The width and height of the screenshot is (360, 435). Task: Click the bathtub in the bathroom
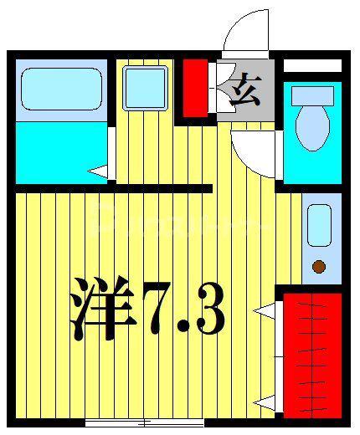61,89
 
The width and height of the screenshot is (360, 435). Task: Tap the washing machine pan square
145,88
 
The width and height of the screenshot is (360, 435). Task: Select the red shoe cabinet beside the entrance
195,88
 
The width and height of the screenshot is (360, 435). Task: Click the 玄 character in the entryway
245,90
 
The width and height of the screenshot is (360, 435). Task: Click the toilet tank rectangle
312,96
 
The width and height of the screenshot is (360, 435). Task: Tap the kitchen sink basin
319,225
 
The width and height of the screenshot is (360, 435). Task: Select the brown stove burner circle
319,267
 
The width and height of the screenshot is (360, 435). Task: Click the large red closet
312,356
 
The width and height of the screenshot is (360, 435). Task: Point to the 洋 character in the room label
103,309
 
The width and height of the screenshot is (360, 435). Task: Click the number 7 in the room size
157,308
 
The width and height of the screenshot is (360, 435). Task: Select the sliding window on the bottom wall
145,424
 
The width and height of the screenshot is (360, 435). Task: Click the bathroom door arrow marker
98,171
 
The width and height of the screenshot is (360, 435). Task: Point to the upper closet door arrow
264,310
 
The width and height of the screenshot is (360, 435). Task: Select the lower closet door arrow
264,402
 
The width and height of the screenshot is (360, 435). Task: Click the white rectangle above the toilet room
312,66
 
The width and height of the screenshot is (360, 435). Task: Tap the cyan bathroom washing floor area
61,153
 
